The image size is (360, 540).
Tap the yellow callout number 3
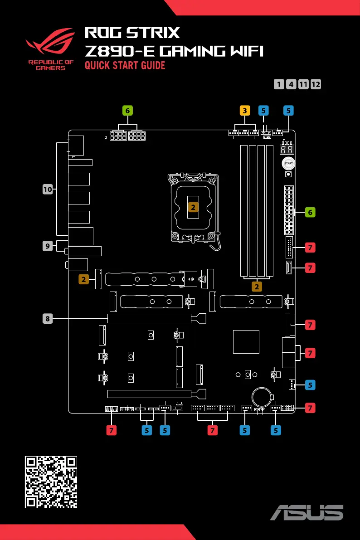click(x=245, y=110)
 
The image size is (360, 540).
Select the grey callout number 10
click(x=48, y=190)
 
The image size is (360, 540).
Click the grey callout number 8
click(x=48, y=319)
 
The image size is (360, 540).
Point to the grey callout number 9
click(x=48, y=246)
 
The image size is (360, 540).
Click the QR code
click(x=51, y=482)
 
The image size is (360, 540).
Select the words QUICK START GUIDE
click(x=125, y=66)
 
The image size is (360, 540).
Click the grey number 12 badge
click(x=316, y=84)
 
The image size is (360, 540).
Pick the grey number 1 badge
click(x=279, y=84)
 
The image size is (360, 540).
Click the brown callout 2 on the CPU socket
click(x=193, y=207)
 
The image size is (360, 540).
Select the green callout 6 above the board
click(x=128, y=110)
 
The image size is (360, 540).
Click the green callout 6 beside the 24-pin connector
click(x=310, y=212)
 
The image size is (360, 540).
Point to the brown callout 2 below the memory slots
click(x=257, y=287)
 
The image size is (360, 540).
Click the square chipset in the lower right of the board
click(x=246, y=341)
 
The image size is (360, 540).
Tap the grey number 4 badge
click(x=292, y=84)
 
